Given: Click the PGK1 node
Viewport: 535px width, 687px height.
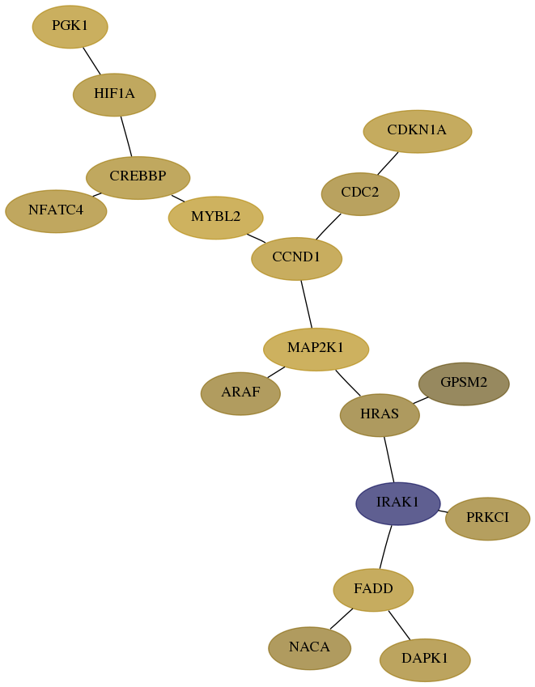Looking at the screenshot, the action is click(x=70, y=27).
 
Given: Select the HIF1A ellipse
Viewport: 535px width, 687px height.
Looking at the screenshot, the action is click(x=114, y=95).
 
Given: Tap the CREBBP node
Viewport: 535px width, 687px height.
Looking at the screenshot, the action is click(x=138, y=177).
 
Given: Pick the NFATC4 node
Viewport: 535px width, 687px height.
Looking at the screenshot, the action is click(x=56, y=211).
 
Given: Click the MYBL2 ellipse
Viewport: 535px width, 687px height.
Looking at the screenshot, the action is click(x=215, y=218).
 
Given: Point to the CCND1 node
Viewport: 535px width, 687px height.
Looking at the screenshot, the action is click(x=297, y=258).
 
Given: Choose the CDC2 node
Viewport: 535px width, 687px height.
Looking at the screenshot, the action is click(x=360, y=193).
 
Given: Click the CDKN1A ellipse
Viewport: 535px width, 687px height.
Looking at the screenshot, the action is click(x=418, y=131).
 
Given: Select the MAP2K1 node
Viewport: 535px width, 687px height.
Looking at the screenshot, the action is click(x=316, y=350).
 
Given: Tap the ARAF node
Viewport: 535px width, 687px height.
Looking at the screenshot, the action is click(x=240, y=393).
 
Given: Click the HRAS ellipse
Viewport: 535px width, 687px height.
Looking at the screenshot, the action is click(x=380, y=415).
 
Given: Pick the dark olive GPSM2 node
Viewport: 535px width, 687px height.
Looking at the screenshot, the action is click(x=464, y=384).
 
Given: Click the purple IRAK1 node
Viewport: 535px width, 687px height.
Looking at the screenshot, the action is click(x=398, y=503).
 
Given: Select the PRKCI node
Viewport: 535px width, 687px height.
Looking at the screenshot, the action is click(x=488, y=519).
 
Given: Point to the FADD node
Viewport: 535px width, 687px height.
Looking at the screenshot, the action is click(x=373, y=590).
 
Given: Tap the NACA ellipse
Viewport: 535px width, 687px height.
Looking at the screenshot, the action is click(x=310, y=648).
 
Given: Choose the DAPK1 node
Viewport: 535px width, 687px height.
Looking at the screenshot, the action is click(x=425, y=659).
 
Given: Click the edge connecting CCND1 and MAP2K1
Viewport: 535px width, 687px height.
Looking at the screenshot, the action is click(x=306, y=304).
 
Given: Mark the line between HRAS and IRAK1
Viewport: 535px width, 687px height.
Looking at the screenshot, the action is click(x=389, y=459).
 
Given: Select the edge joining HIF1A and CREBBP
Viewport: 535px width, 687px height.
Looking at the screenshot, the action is click(x=126, y=136).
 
